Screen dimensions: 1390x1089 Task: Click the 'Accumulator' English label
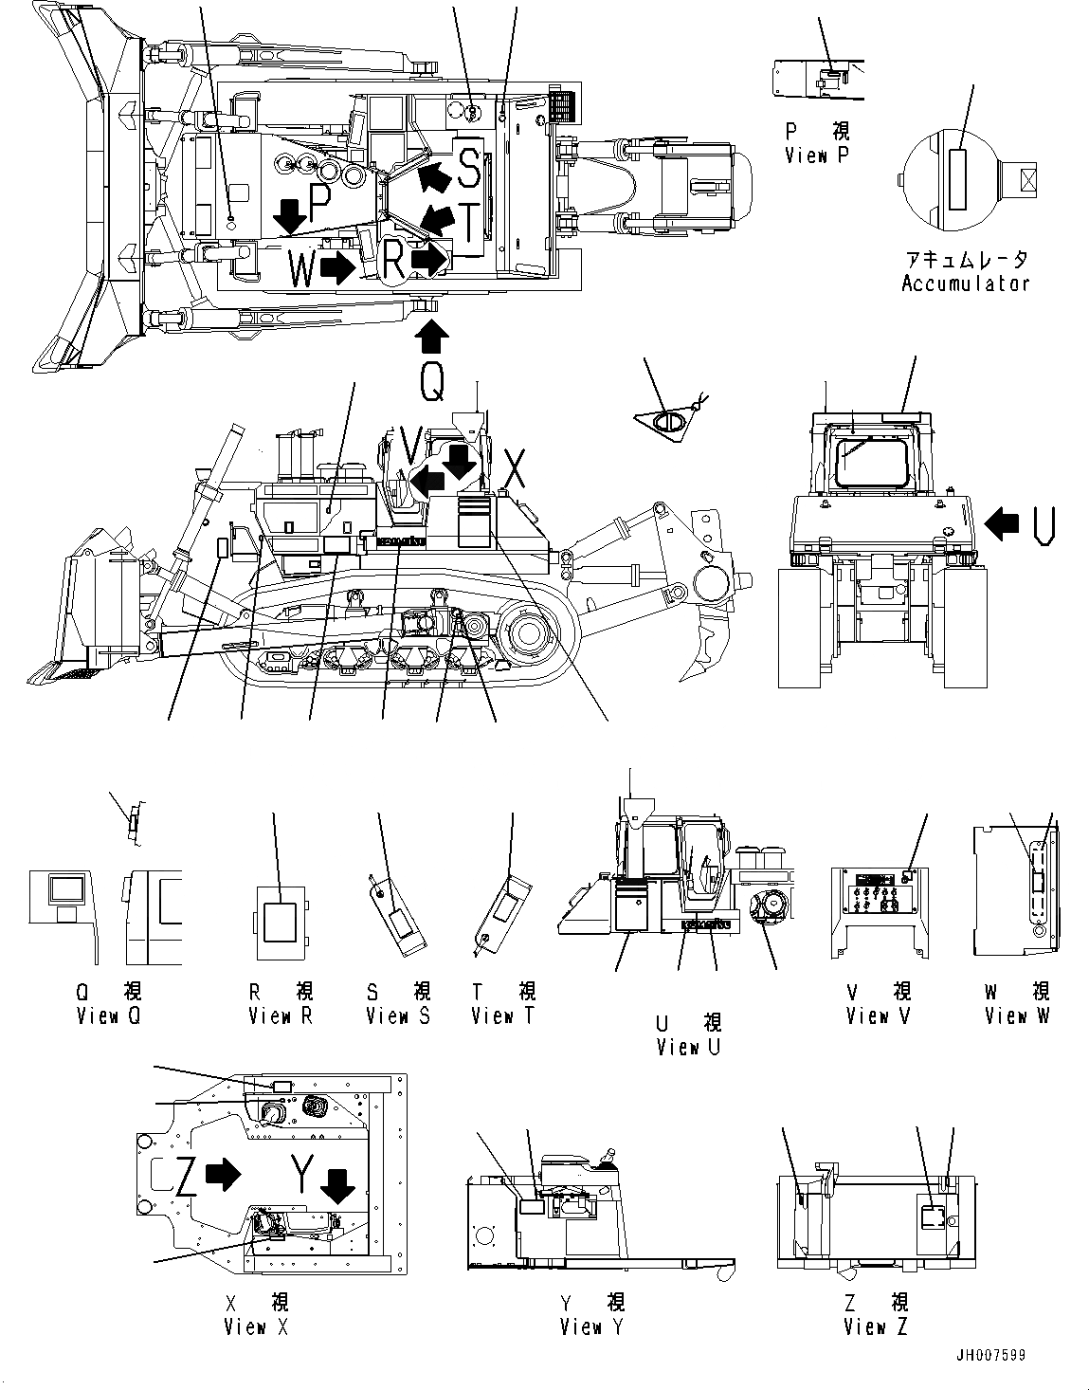point(965,283)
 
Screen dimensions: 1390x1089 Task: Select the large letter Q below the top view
point(430,382)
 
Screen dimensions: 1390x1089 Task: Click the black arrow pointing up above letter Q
point(430,337)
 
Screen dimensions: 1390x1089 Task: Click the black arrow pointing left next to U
point(1002,520)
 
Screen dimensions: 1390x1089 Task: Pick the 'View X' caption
point(256,1326)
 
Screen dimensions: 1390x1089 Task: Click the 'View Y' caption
point(591,1326)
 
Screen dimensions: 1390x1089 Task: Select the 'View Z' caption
point(876,1326)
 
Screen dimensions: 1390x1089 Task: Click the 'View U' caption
point(688,1047)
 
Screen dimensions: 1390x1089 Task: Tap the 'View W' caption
point(1017,1015)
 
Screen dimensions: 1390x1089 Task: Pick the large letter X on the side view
point(514,468)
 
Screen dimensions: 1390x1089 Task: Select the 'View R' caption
point(281,1015)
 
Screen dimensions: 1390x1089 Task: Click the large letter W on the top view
point(301,269)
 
